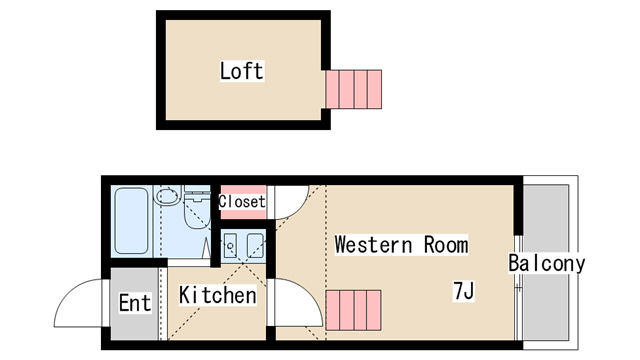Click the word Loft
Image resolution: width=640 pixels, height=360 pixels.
point(242,71)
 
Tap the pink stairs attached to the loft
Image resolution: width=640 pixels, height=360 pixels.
point(353,89)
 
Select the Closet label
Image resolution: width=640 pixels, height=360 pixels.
point(242,202)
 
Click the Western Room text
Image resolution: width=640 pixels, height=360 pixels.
point(401,245)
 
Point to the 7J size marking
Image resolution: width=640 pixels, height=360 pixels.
point(464,291)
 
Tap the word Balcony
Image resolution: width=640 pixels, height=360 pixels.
point(547,263)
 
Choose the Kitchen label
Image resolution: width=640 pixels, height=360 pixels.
point(218,295)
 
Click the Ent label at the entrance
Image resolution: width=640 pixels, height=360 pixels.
point(135,303)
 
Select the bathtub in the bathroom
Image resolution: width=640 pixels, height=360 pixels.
point(131,221)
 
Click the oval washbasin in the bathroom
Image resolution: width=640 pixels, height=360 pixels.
point(168,196)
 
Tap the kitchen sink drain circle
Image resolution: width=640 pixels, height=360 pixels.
point(230,246)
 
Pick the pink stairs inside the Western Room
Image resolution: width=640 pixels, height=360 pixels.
point(353,310)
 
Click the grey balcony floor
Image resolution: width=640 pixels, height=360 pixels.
point(546,262)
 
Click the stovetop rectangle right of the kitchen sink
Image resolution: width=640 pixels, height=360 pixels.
point(255,246)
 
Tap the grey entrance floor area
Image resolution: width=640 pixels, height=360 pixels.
point(135,303)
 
